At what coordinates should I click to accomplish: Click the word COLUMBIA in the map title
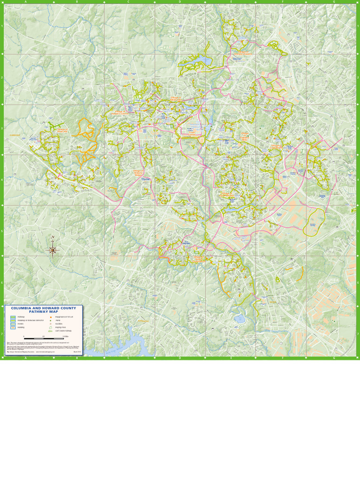tap(22, 308)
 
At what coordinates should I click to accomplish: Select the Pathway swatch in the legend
tap(13, 317)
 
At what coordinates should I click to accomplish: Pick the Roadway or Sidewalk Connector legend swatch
tap(13, 321)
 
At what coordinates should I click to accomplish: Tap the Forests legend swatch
tap(13, 324)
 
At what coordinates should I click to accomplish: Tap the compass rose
tap(52, 250)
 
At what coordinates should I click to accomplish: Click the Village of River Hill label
tap(62, 131)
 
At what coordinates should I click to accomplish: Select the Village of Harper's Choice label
tap(120, 113)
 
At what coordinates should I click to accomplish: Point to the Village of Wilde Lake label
tap(176, 99)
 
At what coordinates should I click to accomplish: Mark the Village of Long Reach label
tap(277, 146)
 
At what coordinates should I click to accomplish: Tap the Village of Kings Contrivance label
tap(199, 258)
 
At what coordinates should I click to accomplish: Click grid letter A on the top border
tap(25, 2)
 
